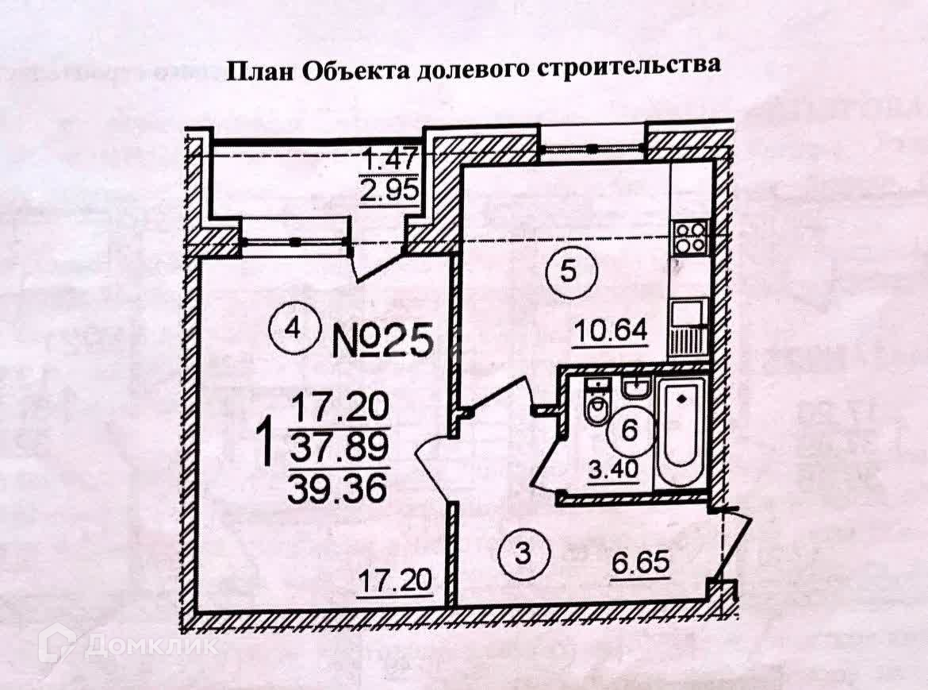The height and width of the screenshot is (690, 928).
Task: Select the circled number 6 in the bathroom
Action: pos(630,431)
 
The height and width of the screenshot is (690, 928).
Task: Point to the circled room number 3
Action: pos(521,553)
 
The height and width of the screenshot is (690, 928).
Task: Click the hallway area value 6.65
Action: pos(642,567)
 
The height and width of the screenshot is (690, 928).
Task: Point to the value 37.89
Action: pos(339,449)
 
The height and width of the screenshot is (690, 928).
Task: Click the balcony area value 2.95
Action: pos(389,193)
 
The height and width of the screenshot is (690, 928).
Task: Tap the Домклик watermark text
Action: pos(151,646)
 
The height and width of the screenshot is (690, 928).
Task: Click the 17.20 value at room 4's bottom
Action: pos(395,581)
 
